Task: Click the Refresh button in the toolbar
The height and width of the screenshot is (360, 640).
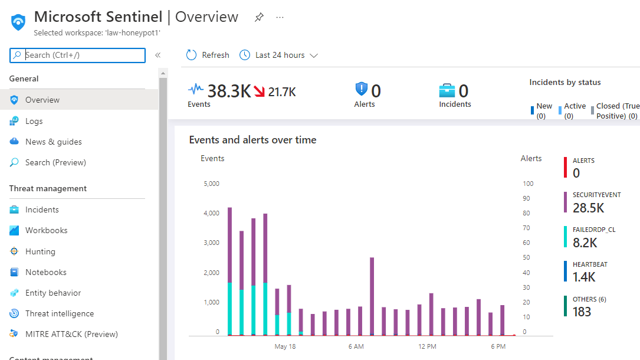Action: click(208, 55)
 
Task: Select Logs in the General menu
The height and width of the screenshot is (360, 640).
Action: click(34, 121)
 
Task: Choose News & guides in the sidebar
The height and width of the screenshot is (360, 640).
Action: click(53, 142)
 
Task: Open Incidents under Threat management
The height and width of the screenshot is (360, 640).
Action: click(42, 210)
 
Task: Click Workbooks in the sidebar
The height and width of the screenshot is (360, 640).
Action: click(46, 230)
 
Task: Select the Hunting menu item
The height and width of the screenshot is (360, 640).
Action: click(40, 251)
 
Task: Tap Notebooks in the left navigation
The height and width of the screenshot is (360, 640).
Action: click(45, 272)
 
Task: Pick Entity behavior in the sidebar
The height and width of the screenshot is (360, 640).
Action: click(52, 293)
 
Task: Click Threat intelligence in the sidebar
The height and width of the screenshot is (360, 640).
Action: click(59, 313)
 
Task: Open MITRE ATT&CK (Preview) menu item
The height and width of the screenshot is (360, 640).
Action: click(71, 334)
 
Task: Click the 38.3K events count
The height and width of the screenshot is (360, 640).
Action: click(229, 91)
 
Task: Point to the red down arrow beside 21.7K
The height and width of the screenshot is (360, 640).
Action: click(259, 91)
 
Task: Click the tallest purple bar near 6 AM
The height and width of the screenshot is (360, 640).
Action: click(372, 295)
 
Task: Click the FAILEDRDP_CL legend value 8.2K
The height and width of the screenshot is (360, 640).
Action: click(585, 242)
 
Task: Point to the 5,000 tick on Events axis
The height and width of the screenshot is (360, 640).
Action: click(211, 184)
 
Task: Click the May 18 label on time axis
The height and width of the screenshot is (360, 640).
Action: click(285, 346)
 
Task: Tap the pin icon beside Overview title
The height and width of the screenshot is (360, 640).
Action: click(259, 17)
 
